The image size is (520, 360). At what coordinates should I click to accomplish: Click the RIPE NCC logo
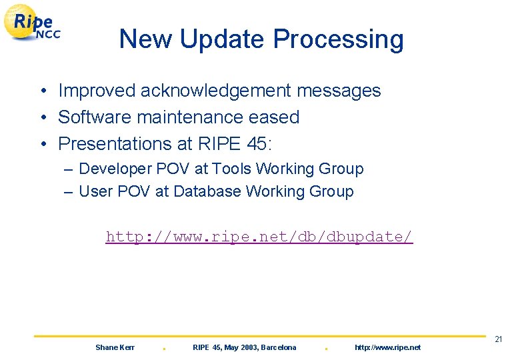(x=33, y=23)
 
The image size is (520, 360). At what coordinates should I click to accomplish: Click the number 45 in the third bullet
(x=251, y=144)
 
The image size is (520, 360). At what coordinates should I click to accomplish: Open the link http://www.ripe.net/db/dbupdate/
(x=259, y=237)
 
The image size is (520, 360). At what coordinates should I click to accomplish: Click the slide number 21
(x=498, y=340)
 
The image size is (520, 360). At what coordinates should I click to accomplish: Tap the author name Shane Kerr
(x=115, y=347)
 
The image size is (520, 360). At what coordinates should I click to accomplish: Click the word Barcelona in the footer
(x=279, y=347)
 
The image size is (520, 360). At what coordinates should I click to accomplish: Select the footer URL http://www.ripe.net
(x=387, y=347)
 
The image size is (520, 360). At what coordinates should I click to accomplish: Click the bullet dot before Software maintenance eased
(x=41, y=118)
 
